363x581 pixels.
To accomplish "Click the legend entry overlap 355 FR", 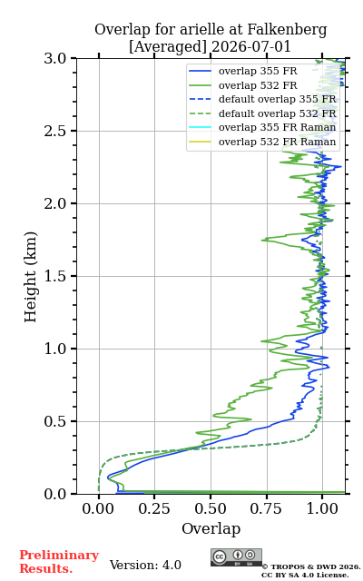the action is (x=258, y=71).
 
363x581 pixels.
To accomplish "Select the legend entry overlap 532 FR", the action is (x=258, y=85).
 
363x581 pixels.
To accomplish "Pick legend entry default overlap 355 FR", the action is (x=277, y=99).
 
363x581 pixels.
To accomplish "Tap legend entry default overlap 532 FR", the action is (x=277, y=113).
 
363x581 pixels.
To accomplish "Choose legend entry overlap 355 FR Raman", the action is (x=277, y=127).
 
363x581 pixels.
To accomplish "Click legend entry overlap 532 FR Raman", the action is (x=277, y=142).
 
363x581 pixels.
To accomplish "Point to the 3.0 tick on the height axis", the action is (x=55, y=58).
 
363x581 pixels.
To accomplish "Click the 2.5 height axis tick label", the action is (x=55, y=131).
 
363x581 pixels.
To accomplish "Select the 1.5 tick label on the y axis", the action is (x=55, y=276).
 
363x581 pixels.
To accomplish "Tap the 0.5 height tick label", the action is (x=55, y=421).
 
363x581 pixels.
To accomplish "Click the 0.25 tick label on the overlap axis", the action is (x=154, y=508).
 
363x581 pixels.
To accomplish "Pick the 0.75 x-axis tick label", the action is (x=266, y=508).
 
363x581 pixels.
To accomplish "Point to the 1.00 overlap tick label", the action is (x=322, y=508).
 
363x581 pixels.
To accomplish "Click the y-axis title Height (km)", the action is (x=30, y=277).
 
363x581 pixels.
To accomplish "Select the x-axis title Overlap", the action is (x=211, y=528).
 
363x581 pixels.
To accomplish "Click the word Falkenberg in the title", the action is (x=287, y=30).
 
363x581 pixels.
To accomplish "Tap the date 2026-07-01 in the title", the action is (x=250, y=46).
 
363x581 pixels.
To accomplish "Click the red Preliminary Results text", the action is (x=59, y=562).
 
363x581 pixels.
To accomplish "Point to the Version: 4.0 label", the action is (x=145, y=565).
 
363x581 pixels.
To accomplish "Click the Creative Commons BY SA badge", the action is (x=236, y=557).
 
